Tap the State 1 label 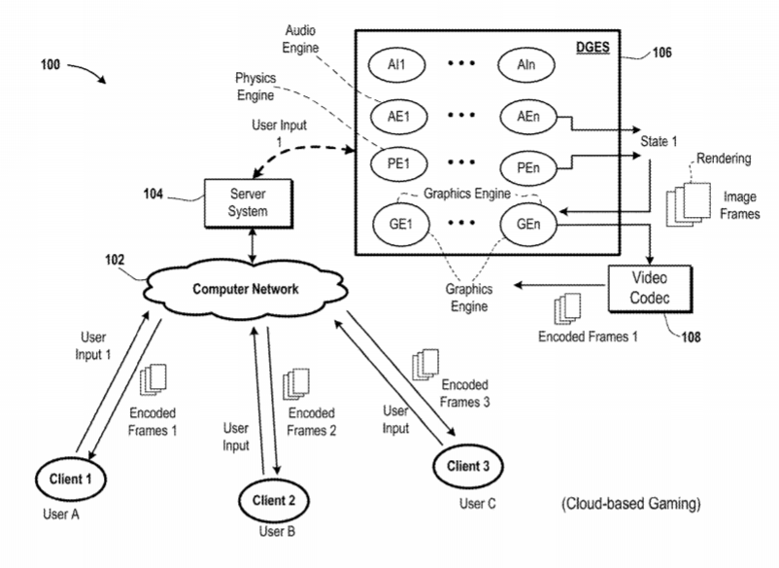[658, 142]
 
